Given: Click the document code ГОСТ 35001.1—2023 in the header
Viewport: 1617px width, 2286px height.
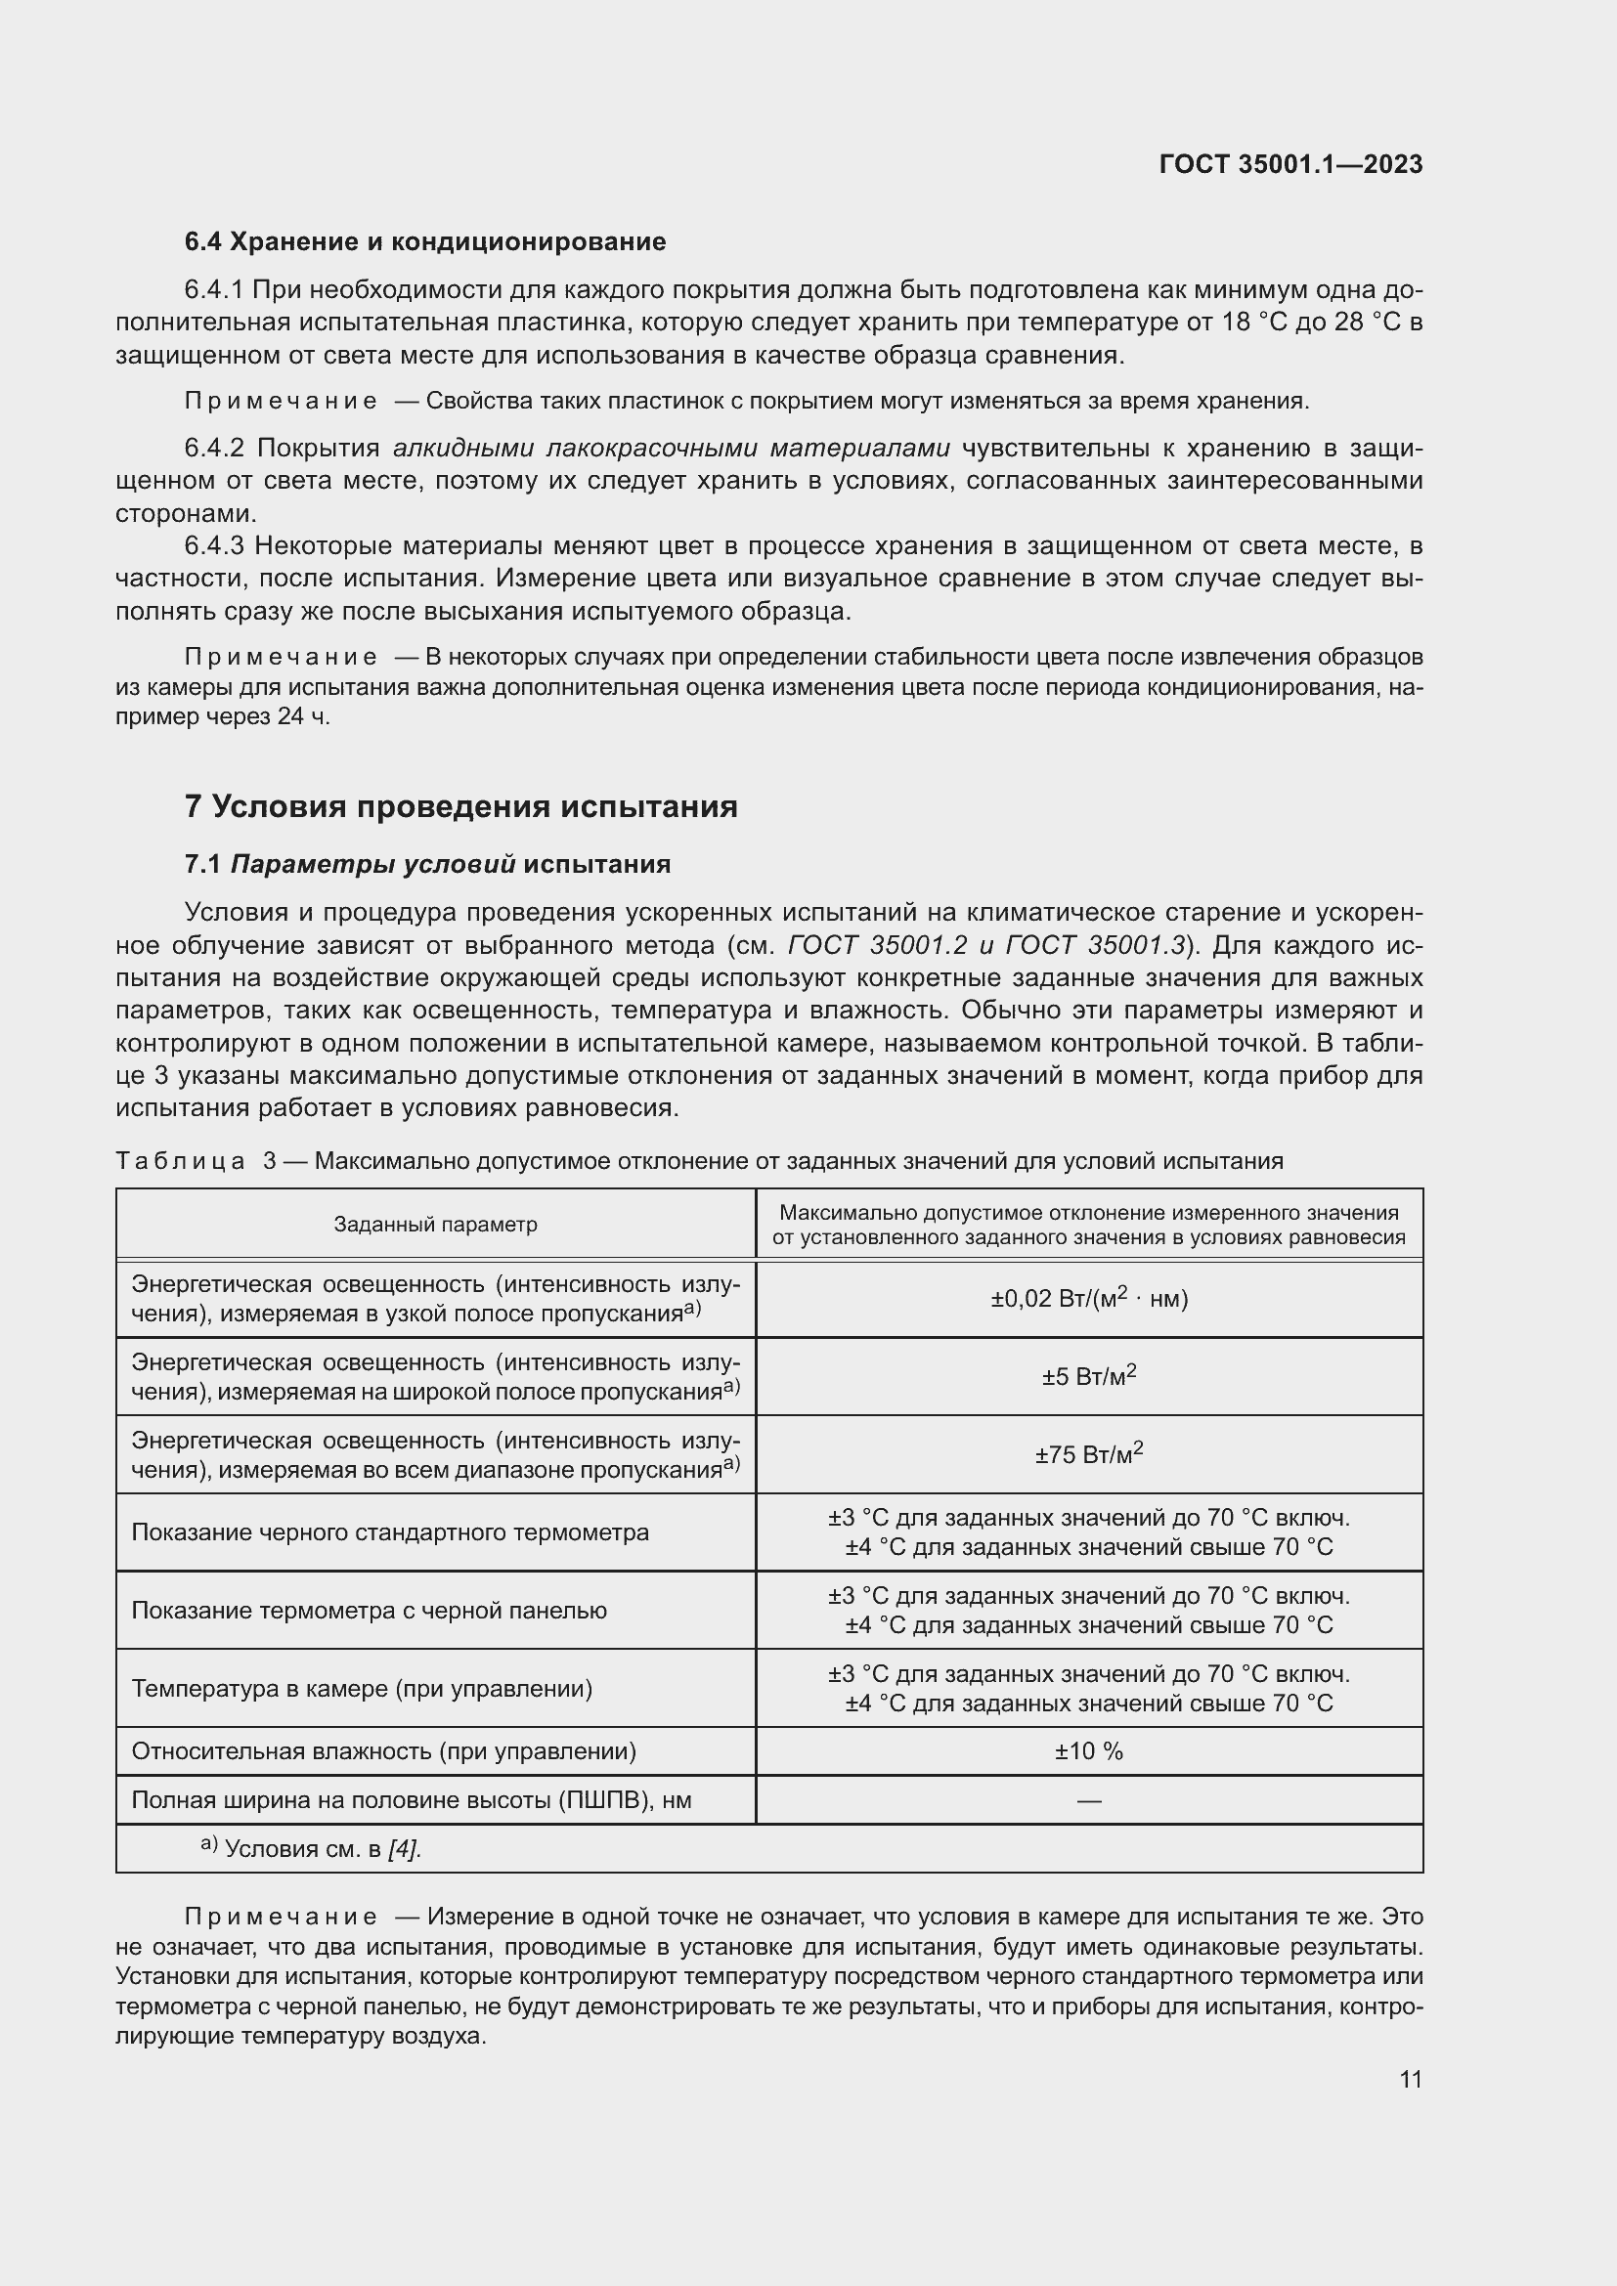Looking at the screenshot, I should point(1290,164).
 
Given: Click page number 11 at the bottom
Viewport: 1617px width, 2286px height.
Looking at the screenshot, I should point(1410,2079).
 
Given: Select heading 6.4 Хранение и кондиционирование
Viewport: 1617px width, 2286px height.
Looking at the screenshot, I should point(425,242).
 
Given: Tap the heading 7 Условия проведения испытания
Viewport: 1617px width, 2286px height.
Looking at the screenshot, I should point(461,805).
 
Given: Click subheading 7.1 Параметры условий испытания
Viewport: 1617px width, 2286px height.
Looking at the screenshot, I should point(427,863).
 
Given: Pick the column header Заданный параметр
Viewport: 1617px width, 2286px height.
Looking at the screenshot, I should point(435,1224).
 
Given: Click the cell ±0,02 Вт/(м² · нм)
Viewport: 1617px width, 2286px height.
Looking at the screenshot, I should point(1088,1298).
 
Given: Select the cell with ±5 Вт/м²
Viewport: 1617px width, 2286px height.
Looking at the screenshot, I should point(1088,1377).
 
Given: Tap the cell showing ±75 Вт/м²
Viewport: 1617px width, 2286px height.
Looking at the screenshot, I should point(1088,1454).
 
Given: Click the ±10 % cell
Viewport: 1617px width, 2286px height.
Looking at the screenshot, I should point(1088,1750).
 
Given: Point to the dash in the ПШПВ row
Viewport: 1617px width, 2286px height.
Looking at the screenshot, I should point(1088,1800).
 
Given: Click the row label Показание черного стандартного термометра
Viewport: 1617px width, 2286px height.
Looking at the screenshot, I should point(389,1532).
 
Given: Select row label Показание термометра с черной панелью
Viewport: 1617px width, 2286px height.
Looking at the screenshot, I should point(369,1610).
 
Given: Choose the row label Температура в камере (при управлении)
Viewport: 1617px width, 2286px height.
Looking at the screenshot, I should point(362,1688).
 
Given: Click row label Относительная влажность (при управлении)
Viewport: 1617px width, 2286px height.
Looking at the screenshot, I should point(383,1750).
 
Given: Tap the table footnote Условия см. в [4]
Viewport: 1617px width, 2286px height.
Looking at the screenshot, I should point(322,1849).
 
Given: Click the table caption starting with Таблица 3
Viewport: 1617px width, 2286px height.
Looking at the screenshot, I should point(699,1161).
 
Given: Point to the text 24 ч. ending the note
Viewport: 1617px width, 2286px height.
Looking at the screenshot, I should point(306,715).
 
